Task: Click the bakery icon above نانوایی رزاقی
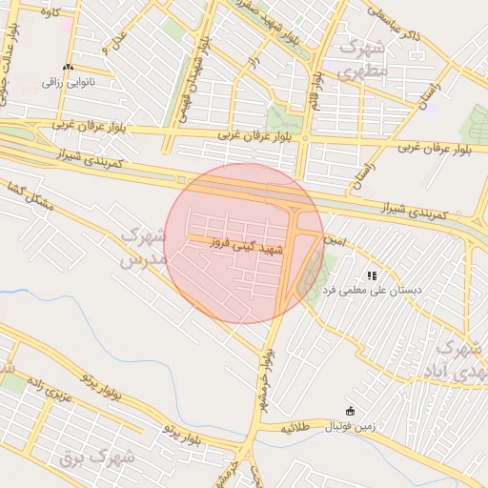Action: coord(67,69)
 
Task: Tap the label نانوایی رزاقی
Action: coord(68,83)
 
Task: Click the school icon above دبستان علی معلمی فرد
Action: coord(372,274)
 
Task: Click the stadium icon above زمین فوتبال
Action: coord(351,412)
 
